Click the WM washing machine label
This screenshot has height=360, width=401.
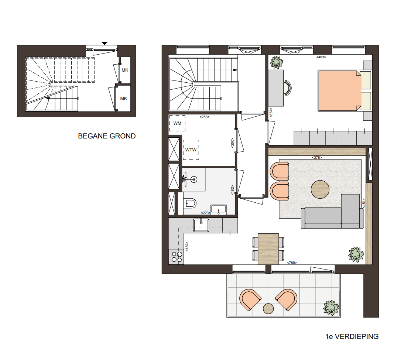[x=177, y=123]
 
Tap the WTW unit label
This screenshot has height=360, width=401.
[x=191, y=150]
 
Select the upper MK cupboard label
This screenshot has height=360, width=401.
[x=125, y=70]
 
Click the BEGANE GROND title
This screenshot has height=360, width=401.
[x=107, y=136]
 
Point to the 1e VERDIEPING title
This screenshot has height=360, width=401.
[x=352, y=336]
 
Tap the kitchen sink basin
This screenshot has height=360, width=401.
[x=201, y=225]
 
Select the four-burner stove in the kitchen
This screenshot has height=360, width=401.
[x=176, y=257]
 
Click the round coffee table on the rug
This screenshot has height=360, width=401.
[x=320, y=189]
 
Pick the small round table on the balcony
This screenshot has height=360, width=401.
[x=268, y=309]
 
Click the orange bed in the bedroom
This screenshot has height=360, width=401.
[x=339, y=91]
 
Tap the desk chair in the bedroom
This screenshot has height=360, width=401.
[x=287, y=88]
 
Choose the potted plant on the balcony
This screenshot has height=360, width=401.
[x=331, y=308]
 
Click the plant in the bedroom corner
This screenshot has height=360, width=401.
[x=277, y=62]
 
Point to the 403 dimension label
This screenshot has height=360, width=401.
[x=321, y=57]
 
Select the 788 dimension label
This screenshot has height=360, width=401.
[x=292, y=263]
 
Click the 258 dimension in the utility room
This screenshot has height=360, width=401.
[x=204, y=117]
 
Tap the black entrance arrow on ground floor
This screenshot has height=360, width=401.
[x=104, y=44]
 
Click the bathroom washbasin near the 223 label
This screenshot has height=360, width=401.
[x=218, y=209]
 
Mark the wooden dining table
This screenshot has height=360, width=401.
[x=268, y=249]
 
